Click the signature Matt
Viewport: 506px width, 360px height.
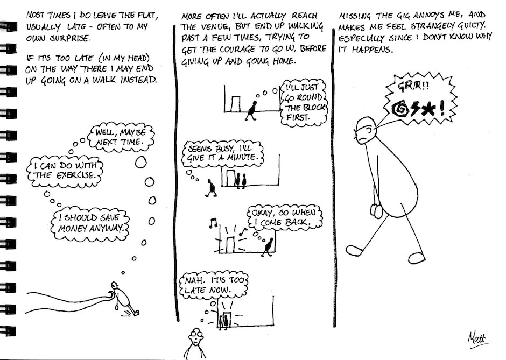coord(476,337)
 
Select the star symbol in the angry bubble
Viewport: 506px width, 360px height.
coord(428,109)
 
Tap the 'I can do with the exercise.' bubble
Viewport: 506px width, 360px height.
coord(64,170)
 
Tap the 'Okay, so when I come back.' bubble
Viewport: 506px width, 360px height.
coord(283,217)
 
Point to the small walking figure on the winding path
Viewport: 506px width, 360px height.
coord(123,297)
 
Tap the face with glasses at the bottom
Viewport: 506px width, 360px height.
coord(194,338)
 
